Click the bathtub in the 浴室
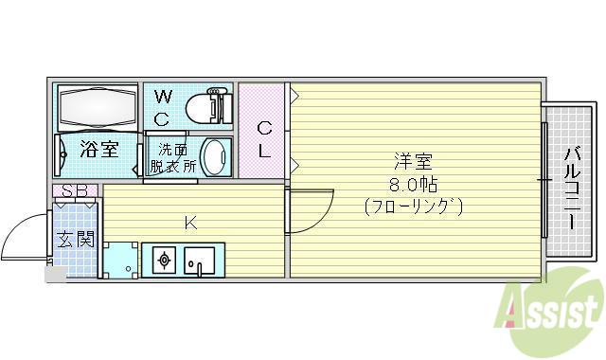98,107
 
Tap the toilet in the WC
208,106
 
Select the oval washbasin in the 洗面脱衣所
215,157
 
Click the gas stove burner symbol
164,260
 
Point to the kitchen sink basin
200,261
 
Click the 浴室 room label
98,150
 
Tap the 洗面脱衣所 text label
172,158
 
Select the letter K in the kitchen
190,224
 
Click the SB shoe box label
75,190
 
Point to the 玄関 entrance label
76,240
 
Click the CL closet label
264,139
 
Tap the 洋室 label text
413,162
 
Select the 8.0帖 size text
413,186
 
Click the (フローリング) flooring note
413,207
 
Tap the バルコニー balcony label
573,189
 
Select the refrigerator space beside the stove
120,260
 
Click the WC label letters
162,108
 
